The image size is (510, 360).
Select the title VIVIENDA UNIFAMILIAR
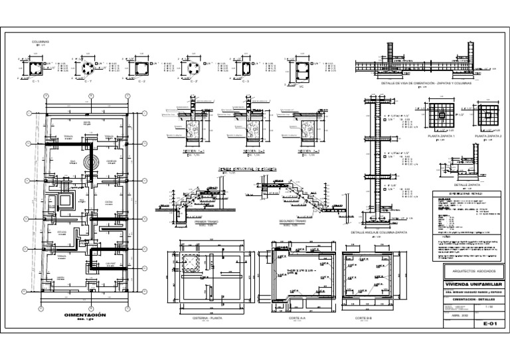469,284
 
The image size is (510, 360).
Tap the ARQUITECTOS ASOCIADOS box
469,272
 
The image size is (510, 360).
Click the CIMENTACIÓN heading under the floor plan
86,314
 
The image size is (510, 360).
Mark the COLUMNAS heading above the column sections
41,42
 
